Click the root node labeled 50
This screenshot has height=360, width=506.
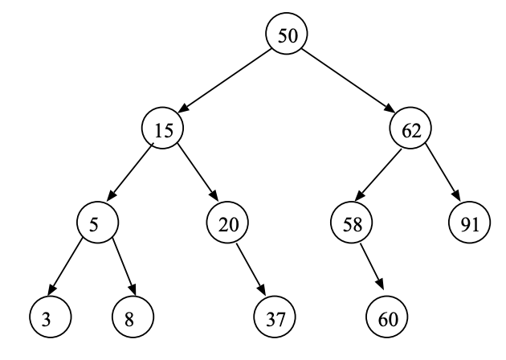click(x=287, y=35)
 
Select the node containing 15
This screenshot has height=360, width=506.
click(x=163, y=129)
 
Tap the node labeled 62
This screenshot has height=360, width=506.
click(x=411, y=129)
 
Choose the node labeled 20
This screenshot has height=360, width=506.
click(x=228, y=223)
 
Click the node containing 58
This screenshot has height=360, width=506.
click(x=350, y=223)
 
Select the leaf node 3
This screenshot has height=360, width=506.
click(x=47, y=317)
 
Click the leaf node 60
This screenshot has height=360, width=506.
click(x=388, y=317)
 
